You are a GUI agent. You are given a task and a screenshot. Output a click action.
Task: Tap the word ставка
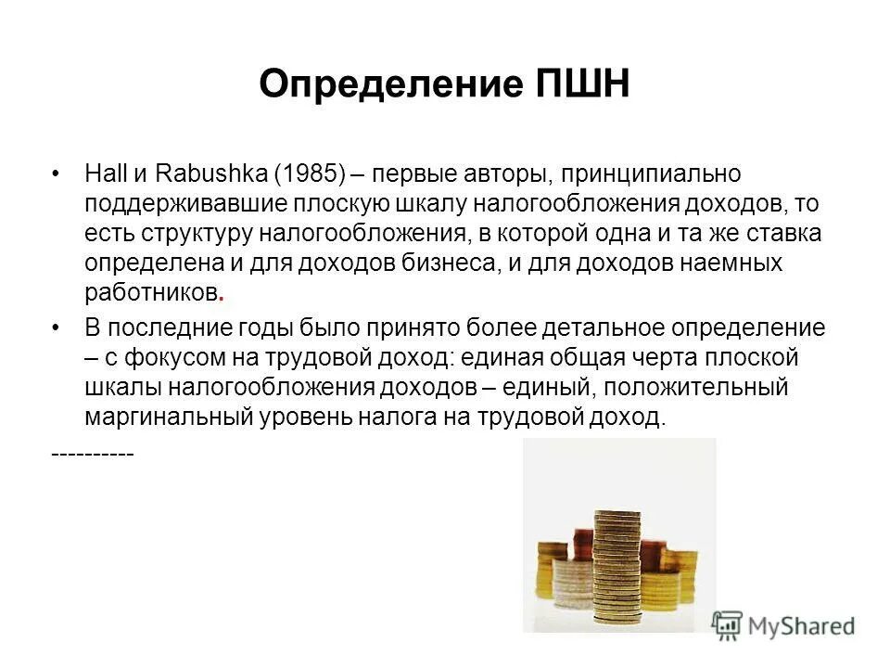[x=770, y=232]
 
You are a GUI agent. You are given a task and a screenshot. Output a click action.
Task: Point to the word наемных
[x=730, y=262]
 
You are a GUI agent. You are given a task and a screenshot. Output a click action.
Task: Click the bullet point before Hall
[x=57, y=173]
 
